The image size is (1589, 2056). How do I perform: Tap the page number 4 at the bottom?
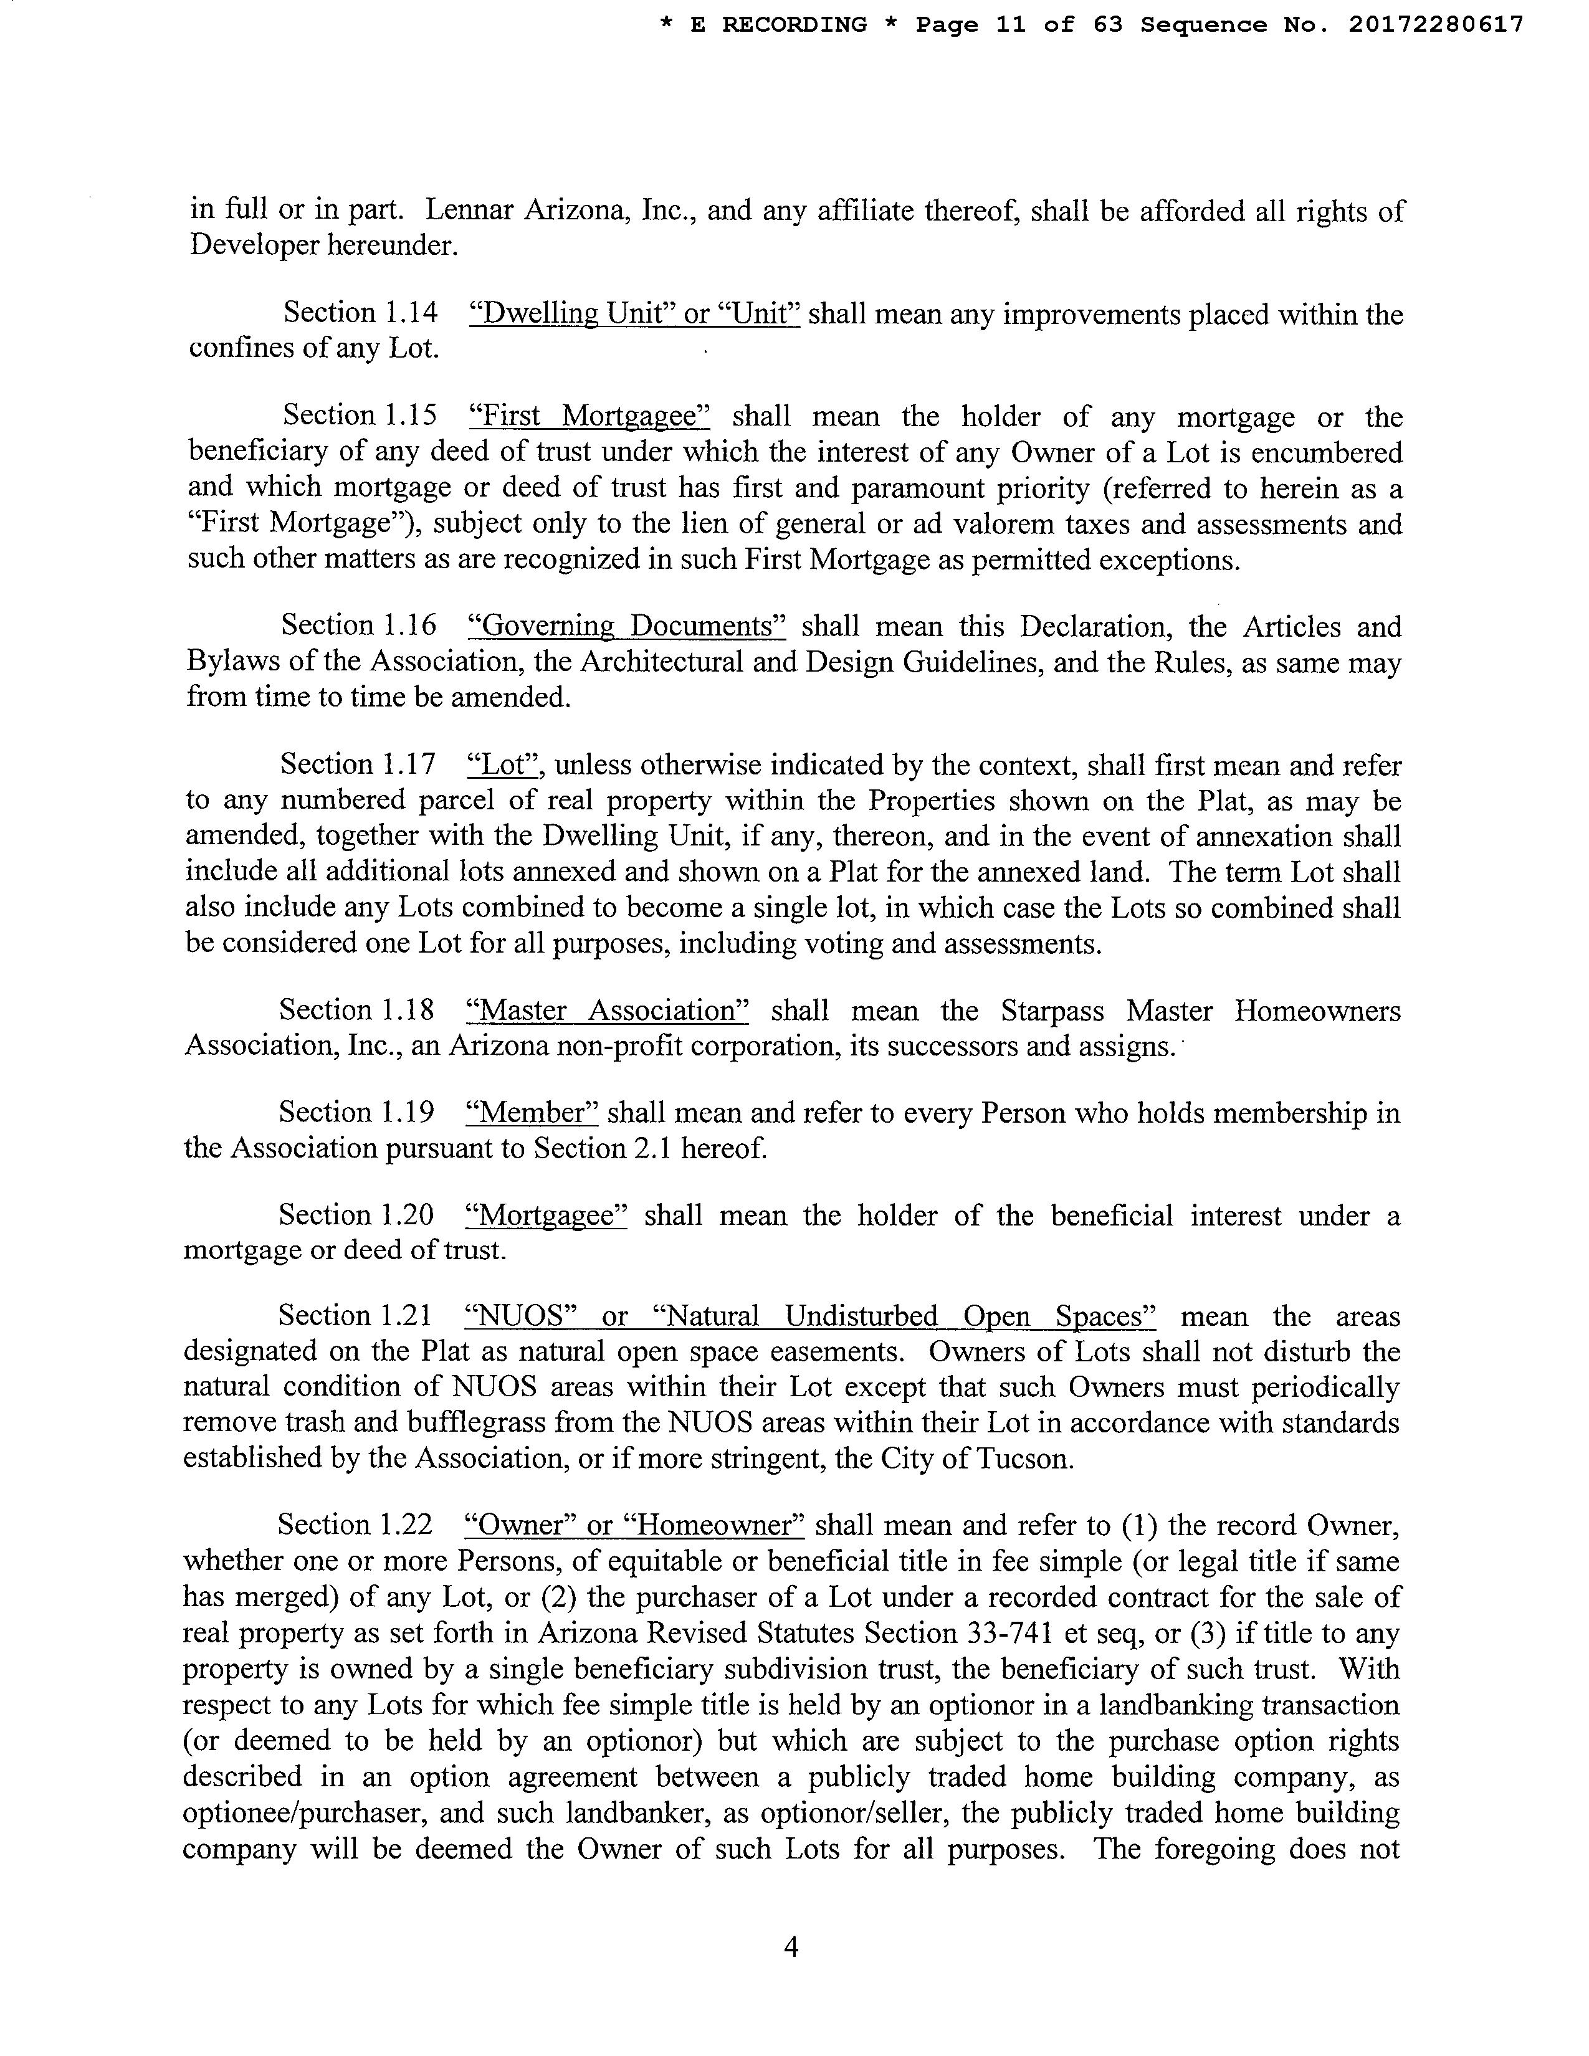(x=791, y=1947)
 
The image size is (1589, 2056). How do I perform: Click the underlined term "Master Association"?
(x=607, y=1011)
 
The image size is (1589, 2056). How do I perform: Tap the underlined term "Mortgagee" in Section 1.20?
(x=546, y=1216)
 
